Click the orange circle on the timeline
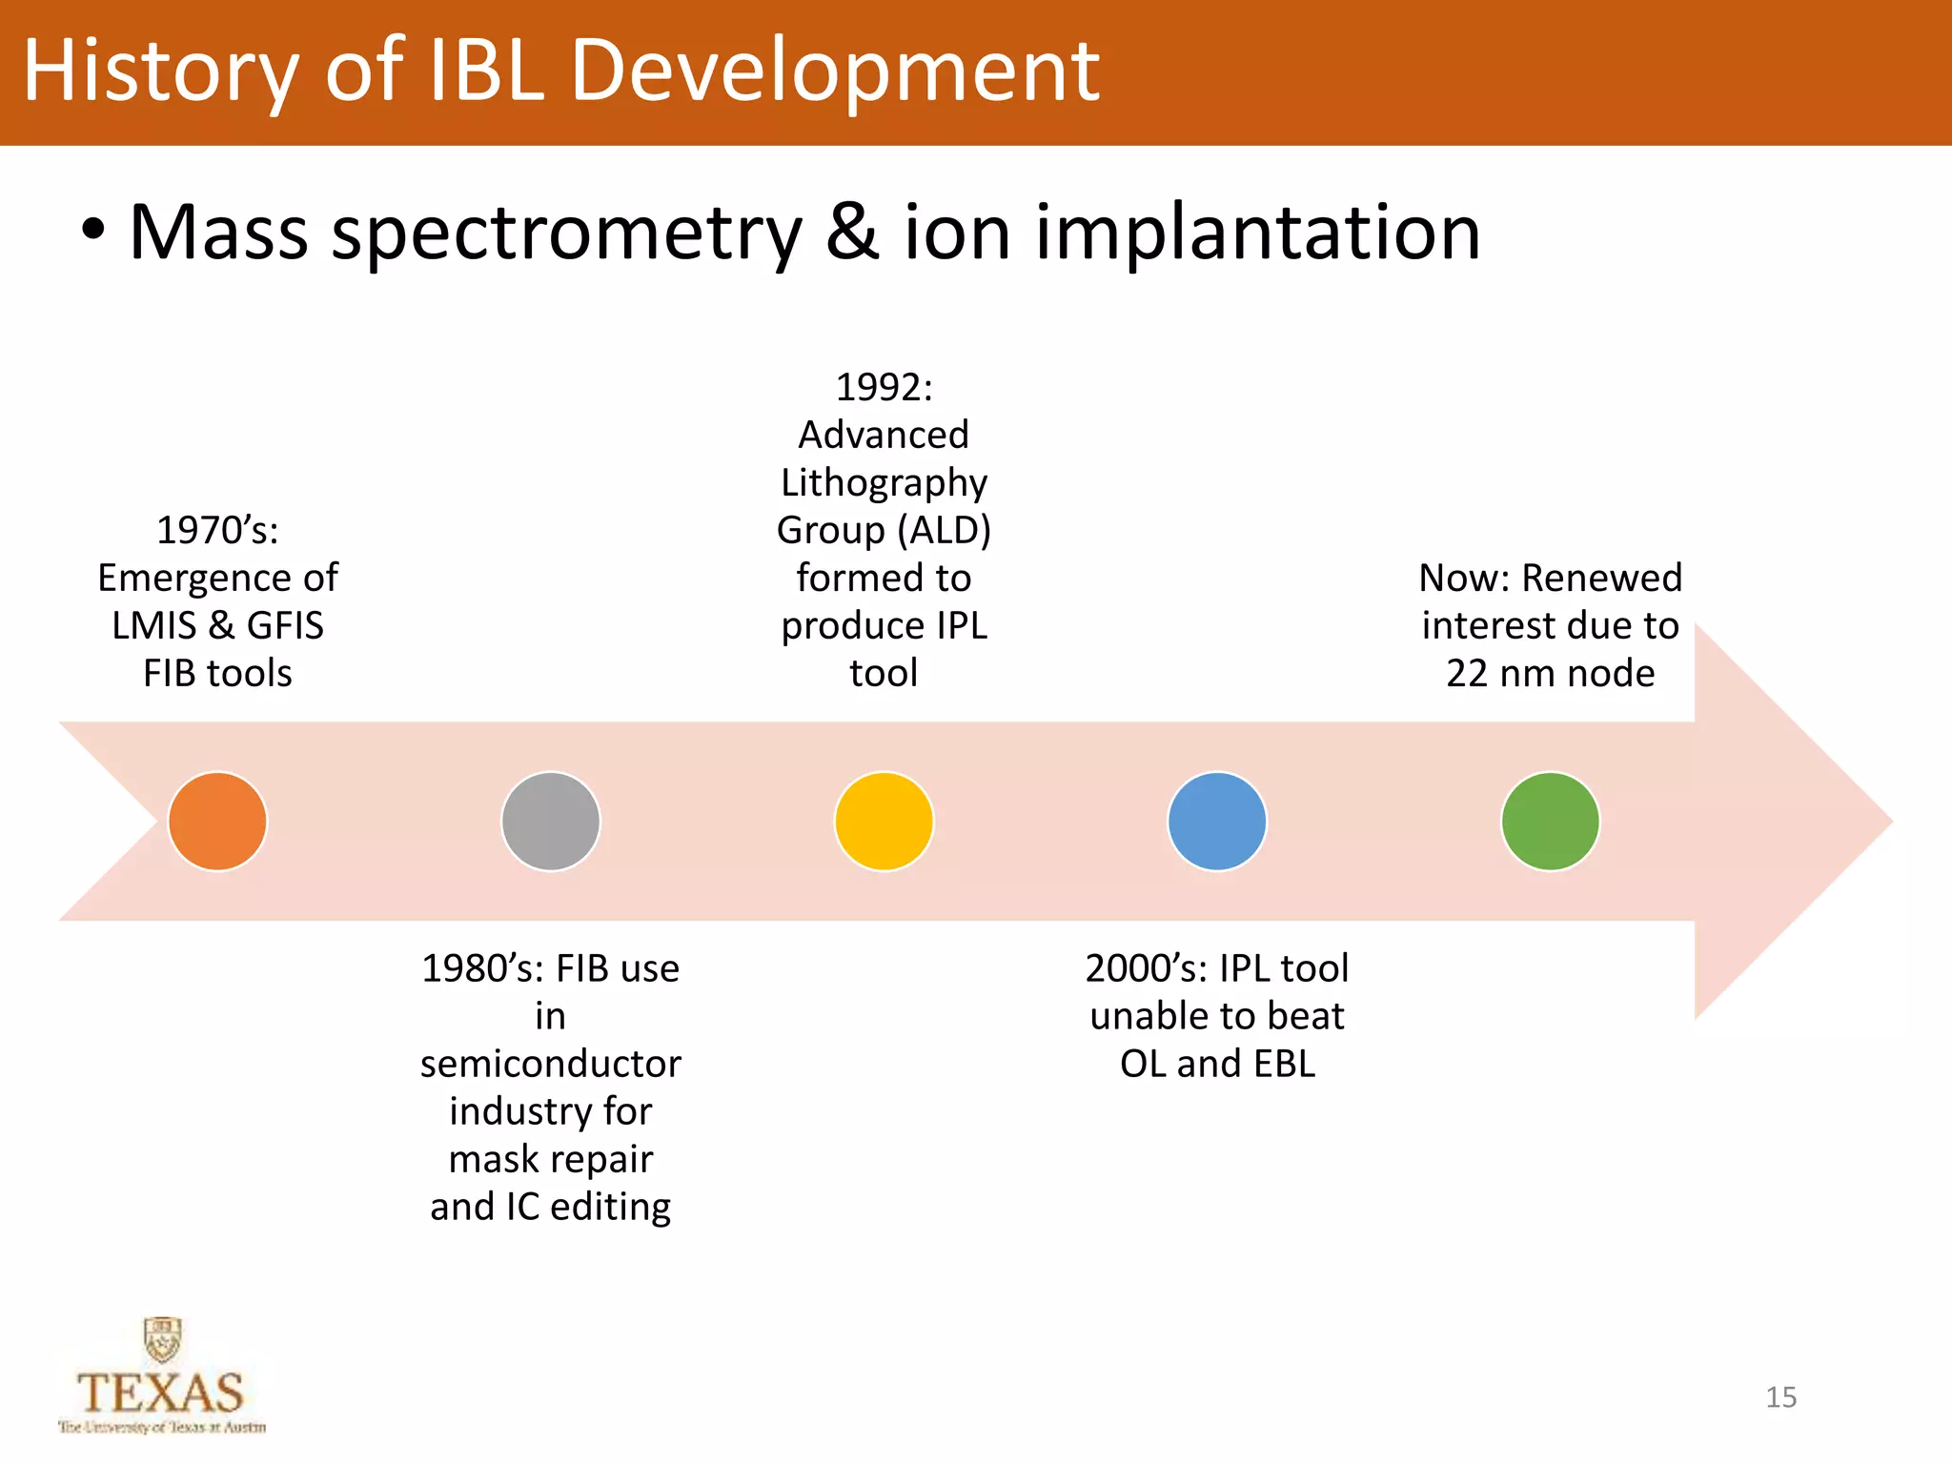coord(217,821)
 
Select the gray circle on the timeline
coord(551,821)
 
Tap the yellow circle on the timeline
coord(884,821)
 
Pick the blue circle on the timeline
coord(1217,821)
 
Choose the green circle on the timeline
coord(1550,821)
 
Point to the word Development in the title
coord(835,71)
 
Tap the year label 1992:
coord(884,387)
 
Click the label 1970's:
coord(217,530)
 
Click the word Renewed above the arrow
coord(1602,578)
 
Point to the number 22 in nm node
coord(1466,673)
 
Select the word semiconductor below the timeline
coord(551,1064)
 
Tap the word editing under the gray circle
coord(610,1208)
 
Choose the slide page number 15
coord(1780,1397)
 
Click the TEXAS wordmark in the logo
coord(160,1393)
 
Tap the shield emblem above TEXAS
coord(163,1340)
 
